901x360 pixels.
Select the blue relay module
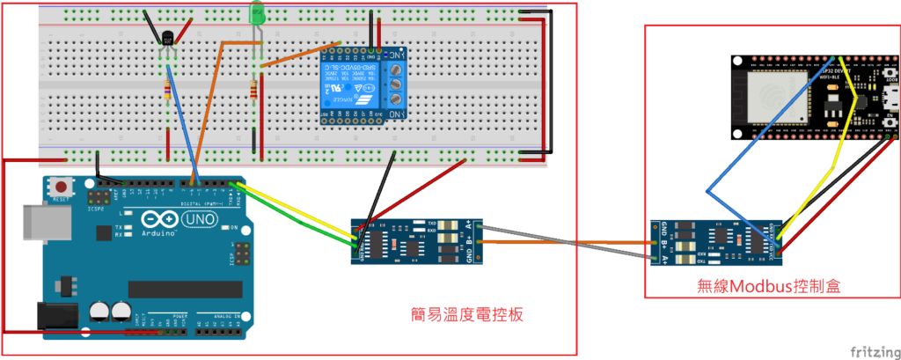coord(362,85)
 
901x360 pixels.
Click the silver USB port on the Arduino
coord(35,224)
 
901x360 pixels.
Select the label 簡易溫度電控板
coord(471,313)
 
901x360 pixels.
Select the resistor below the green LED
coord(255,89)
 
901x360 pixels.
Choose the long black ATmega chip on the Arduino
coord(182,290)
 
